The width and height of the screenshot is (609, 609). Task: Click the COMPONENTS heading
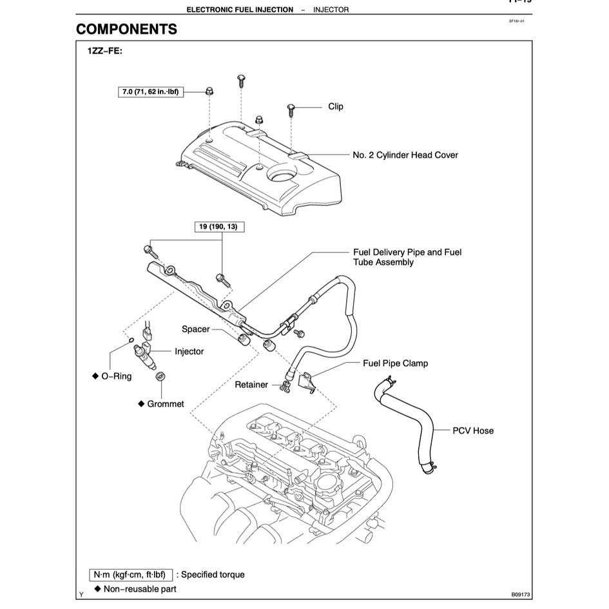click(x=126, y=30)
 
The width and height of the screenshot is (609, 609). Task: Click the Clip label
click(x=336, y=107)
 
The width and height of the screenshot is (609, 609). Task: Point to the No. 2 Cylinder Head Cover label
click(x=405, y=155)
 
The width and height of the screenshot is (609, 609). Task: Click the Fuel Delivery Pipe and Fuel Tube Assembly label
click(x=407, y=257)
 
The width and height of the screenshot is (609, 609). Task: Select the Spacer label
click(x=196, y=329)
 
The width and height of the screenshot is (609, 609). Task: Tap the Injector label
click(x=189, y=352)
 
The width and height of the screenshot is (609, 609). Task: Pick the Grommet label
click(x=165, y=404)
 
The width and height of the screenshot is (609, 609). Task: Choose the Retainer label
click(x=251, y=385)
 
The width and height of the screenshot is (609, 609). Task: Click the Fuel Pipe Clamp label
click(x=395, y=363)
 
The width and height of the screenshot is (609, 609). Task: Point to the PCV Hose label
click(x=473, y=430)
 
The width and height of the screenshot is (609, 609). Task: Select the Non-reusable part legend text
click(x=139, y=589)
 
